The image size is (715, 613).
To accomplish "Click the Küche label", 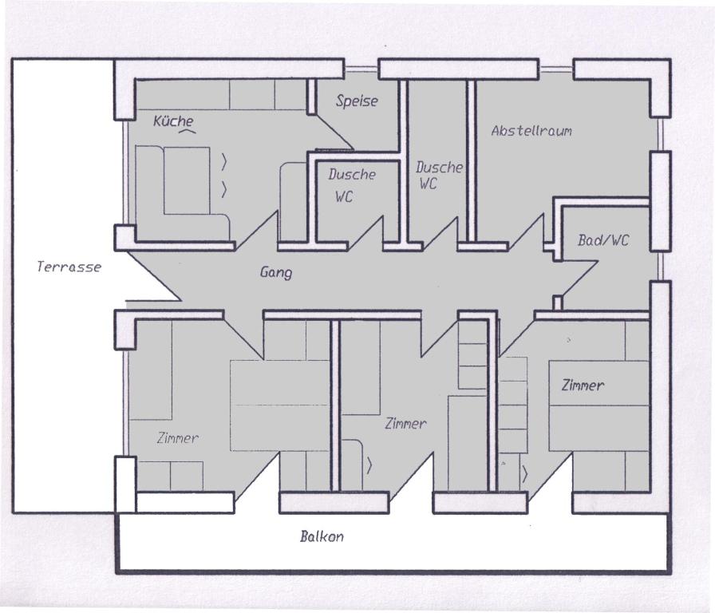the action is (173, 121).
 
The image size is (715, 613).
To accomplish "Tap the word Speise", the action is (357, 101).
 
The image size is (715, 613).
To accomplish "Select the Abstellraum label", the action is (531, 131).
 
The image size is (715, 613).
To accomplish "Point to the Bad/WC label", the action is (603, 240).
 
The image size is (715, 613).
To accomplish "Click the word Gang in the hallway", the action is (276, 272).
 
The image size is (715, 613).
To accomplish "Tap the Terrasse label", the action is (69, 267).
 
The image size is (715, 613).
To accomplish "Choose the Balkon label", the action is (322, 536).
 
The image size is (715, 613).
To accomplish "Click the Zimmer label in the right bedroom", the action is (583, 386).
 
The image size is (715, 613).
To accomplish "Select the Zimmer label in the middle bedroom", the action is (406, 424).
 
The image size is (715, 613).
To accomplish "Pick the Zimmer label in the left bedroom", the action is (177, 438).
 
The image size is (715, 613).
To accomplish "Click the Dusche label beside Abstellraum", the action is (439, 168).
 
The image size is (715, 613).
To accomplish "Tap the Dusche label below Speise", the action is (352, 174).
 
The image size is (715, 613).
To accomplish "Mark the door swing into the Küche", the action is (256, 230).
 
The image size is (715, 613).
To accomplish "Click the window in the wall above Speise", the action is (361, 69).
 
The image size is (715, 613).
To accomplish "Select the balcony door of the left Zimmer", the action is (257, 477).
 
